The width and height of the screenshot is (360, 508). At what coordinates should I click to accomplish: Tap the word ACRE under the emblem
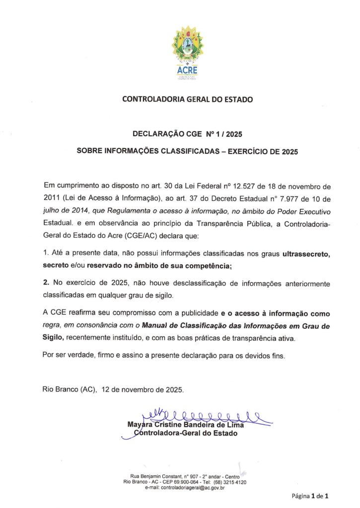187,69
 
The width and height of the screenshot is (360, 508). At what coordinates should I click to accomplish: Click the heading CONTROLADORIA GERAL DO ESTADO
187,99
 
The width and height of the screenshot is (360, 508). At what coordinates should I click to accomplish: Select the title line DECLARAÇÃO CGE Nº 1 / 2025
187,134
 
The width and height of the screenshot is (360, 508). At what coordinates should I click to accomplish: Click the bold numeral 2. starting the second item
47,282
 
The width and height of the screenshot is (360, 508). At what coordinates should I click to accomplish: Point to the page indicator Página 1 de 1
310,496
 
